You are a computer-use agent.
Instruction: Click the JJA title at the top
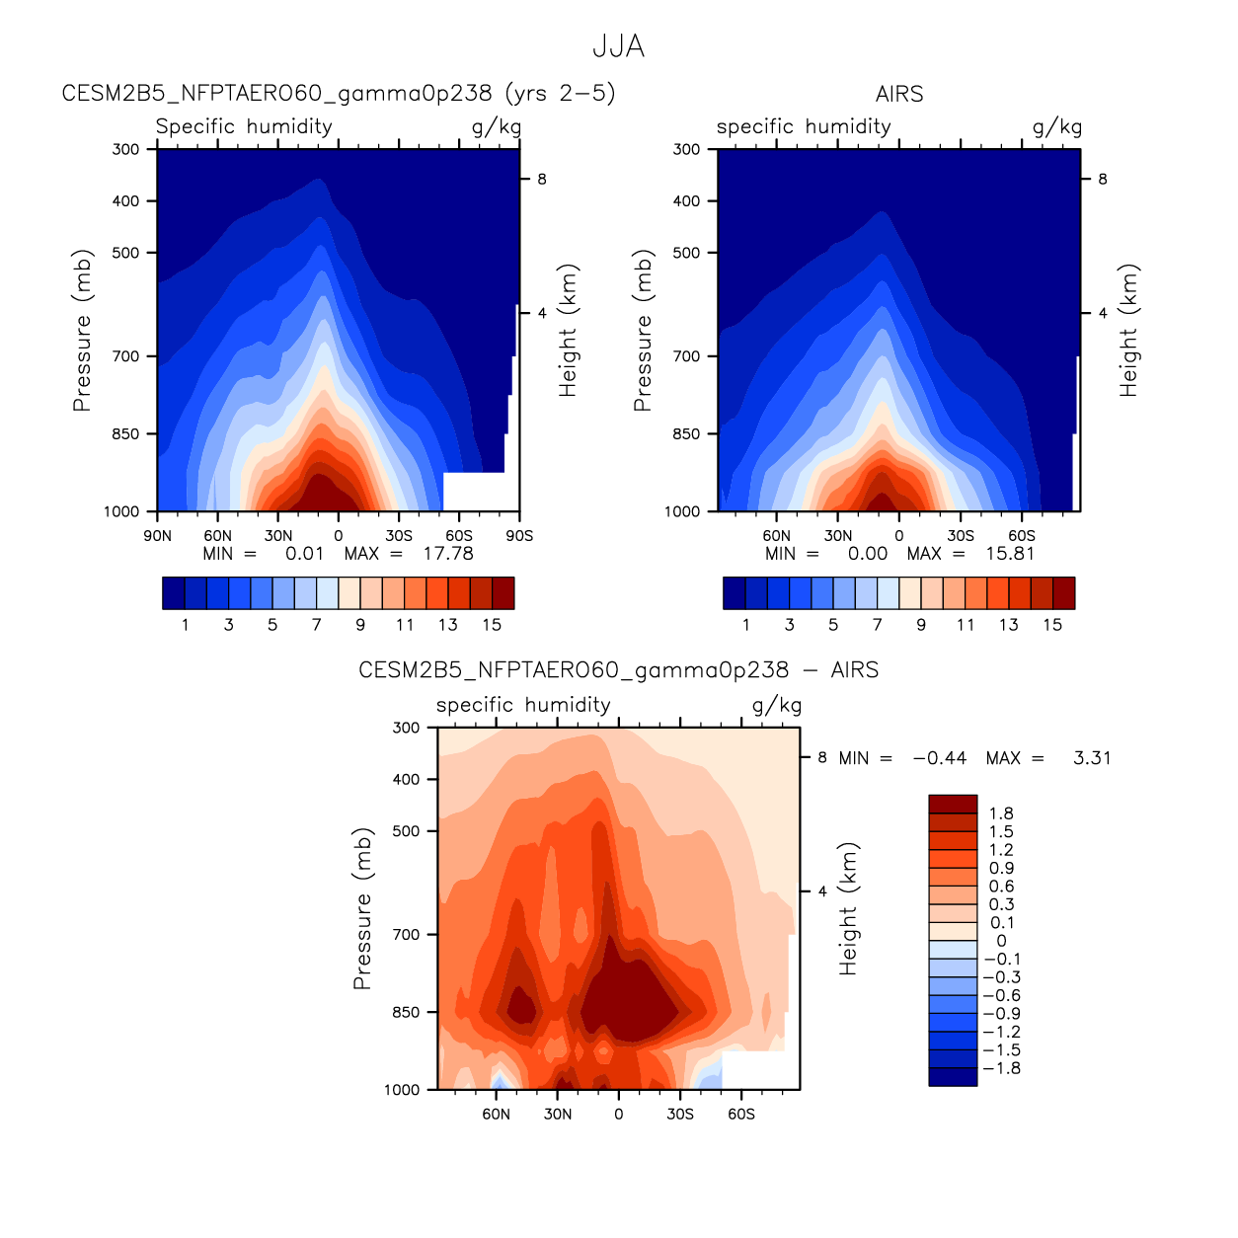618,46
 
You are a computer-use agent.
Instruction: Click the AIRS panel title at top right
898,94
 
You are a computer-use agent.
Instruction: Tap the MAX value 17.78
448,554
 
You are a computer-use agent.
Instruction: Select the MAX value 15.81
1010,554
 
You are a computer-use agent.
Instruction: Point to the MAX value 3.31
1092,758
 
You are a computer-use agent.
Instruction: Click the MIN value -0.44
939,758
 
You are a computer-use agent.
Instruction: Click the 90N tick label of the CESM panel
157,536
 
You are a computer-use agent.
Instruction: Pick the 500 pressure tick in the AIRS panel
686,253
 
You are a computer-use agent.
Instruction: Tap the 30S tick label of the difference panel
680,1115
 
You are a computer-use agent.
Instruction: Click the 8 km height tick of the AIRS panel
1103,180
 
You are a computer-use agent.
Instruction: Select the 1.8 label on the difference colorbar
1001,813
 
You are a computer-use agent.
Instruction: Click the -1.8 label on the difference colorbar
1001,1068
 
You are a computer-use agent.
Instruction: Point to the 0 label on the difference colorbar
1001,941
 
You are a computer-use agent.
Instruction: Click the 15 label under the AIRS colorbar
1052,625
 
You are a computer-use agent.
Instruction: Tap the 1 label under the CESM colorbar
185,625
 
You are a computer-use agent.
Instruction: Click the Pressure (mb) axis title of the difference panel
362,908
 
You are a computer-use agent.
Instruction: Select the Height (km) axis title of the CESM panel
568,331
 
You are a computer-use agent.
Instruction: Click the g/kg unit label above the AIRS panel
1056,126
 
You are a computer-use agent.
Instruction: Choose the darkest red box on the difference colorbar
953,804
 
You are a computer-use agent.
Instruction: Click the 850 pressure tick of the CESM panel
125,434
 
